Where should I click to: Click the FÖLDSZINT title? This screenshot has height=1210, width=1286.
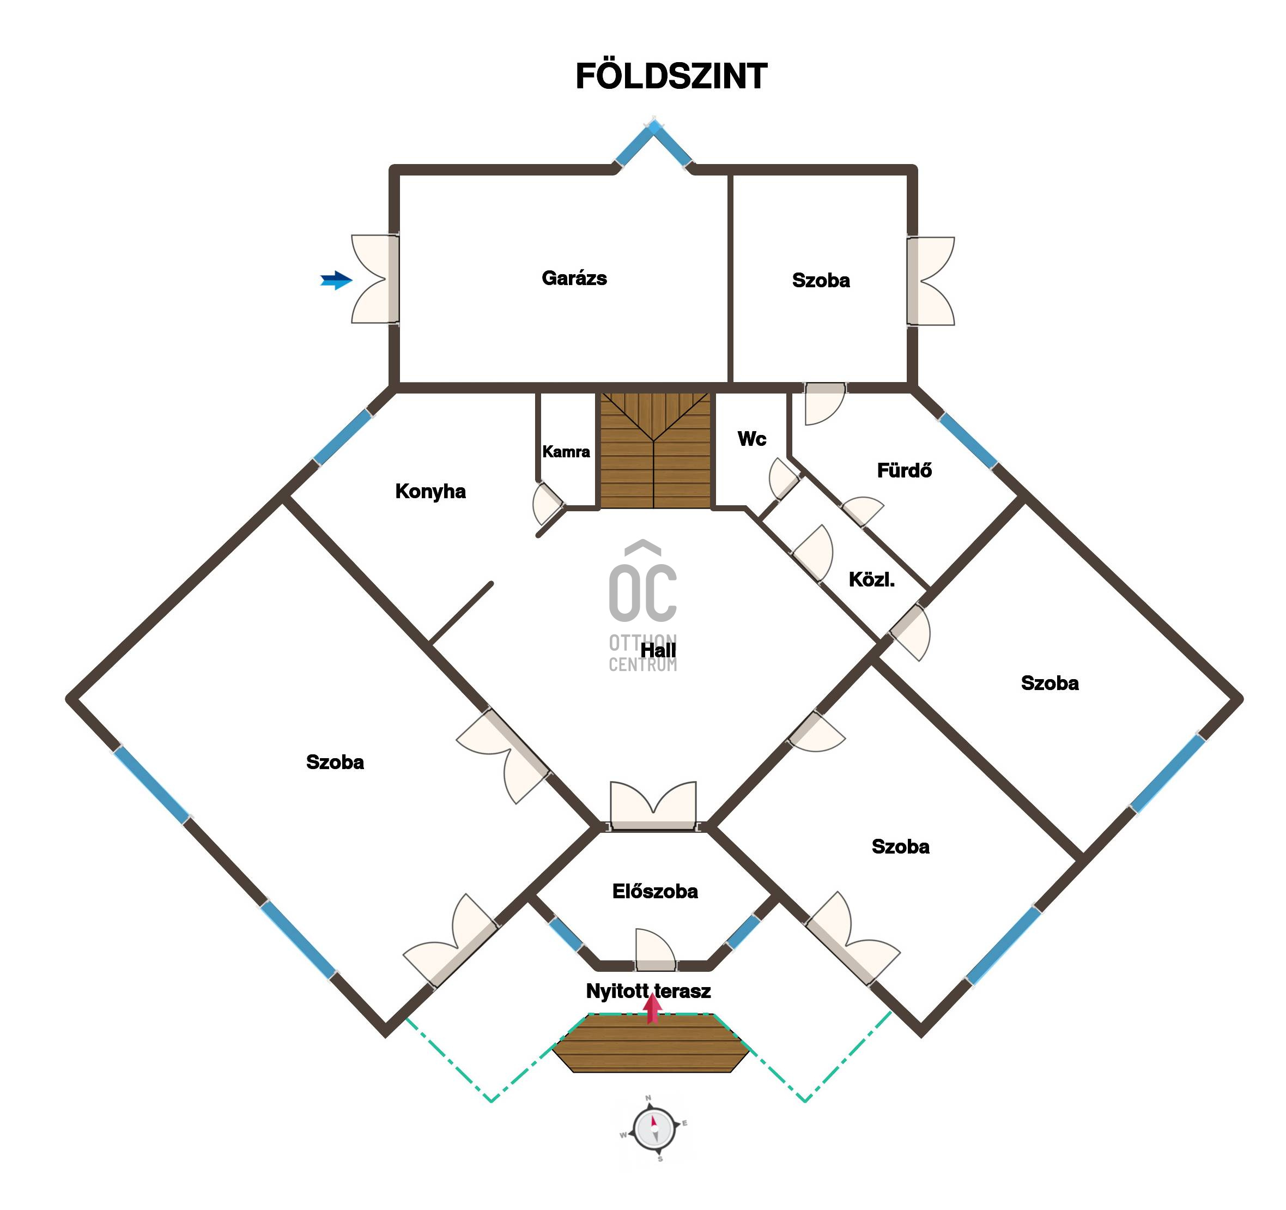[x=671, y=76]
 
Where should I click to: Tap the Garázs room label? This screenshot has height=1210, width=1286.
[x=574, y=278]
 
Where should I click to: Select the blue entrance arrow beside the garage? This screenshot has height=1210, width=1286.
[x=336, y=280]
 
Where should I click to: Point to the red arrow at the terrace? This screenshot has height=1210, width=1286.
[x=652, y=1008]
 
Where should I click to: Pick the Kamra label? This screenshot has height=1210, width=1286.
[x=566, y=452]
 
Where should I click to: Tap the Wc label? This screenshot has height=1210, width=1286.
[x=751, y=439]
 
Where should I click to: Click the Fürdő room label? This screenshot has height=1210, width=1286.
[x=903, y=470]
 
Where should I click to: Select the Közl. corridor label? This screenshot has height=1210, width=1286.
[x=871, y=580]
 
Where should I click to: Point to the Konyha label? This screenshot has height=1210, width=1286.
[x=430, y=491]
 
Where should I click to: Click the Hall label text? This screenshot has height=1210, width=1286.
[x=658, y=650]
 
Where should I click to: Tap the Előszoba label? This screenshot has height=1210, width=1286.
[x=654, y=892]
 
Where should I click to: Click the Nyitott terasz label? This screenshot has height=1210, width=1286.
[x=648, y=991]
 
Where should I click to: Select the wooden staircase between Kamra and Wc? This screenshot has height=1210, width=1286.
[x=654, y=451]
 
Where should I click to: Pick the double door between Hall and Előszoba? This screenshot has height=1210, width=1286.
[x=653, y=806]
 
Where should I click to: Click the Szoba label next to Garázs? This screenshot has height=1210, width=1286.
[x=821, y=280]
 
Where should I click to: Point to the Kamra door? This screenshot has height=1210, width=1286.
[x=548, y=504]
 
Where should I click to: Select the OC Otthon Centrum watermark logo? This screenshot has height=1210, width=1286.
[x=642, y=605]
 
